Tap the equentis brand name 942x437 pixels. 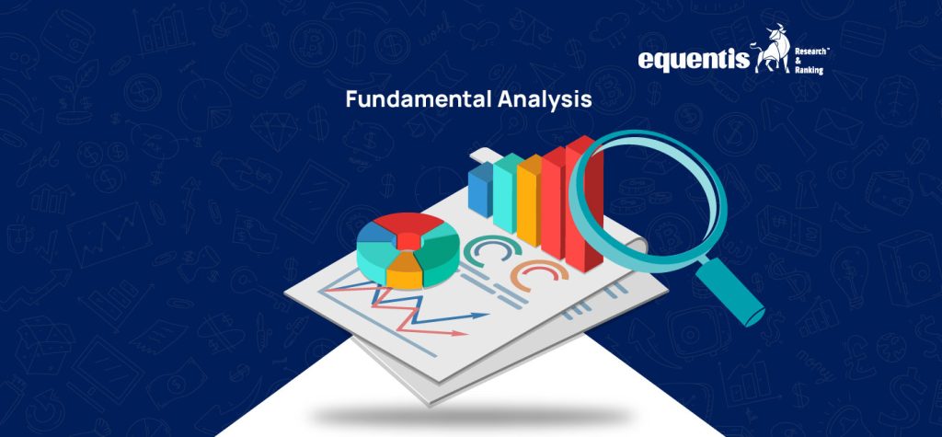(693, 61)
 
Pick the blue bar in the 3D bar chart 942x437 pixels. (480, 190)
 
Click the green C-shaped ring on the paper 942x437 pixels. (486, 253)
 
